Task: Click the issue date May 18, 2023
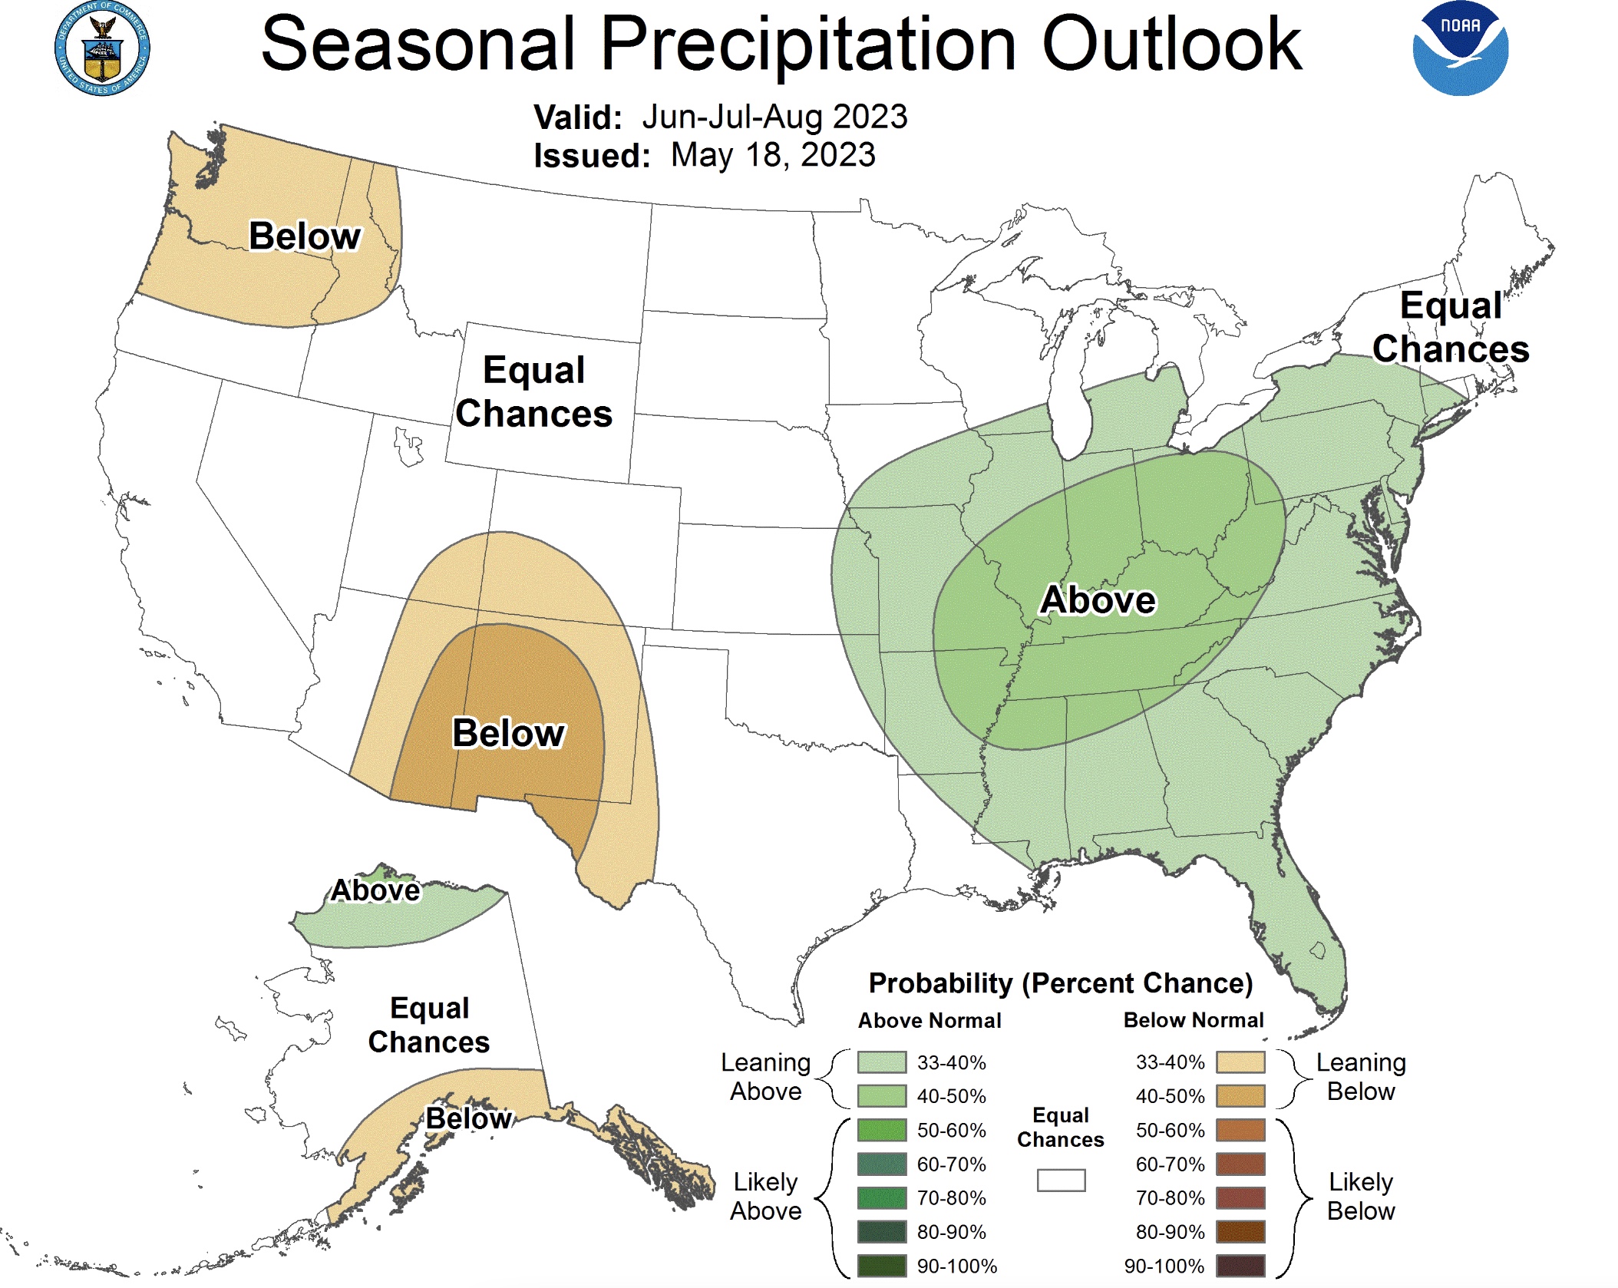coord(772,155)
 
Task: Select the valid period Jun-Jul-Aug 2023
coord(774,117)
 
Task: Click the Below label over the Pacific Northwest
coord(305,236)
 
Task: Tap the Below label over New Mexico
coord(508,732)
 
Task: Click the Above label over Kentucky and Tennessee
coord(1097,599)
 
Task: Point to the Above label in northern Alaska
coord(375,890)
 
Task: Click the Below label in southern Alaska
coord(468,1118)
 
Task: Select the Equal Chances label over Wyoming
coord(533,391)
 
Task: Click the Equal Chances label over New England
coord(1450,327)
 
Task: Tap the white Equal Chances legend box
coord(1061,1180)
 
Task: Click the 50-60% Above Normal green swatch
coord(881,1130)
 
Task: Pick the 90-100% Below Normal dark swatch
coord(1240,1266)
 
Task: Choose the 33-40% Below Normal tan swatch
coord(1240,1062)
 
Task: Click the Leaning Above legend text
coord(765,1076)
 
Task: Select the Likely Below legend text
coord(1360,1196)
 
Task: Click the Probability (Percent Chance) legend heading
coord(1060,983)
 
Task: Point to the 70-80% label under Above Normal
coord(951,1198)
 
